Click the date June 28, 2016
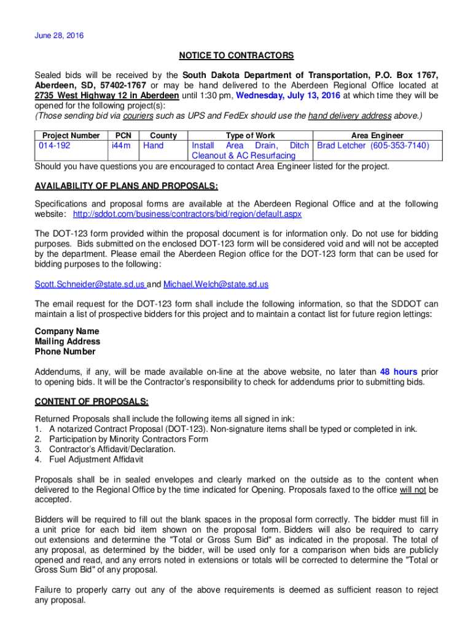pyautogui.click(x=59, y=36)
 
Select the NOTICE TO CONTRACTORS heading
pyautogui.click(x=237, y=56)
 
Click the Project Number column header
pyautogui.click(x=68, y=135)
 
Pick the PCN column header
pyautogui.click(x=123, y=135)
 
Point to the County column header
pyautogui.click(x=163, y=135)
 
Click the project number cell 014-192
pyautogui.click(x=55, y=146)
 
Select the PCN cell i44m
pyautogui.click(x=121, y=146)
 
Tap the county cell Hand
pyautogui.click(x=154, y=146)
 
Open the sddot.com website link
pyautogui.click(x=187, y=214)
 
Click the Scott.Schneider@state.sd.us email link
pyautogui.click(x=90, y=285)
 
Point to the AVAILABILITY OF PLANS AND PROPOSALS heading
pyautogui.click(x=127, y=187)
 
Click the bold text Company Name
pyautogui.click(x=67, y=332)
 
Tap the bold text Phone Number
pyautogui.click(x=65, y=352)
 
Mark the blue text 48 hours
pyautogui.click(x=399, y=372)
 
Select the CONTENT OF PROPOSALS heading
pyautogui.click(x=92, y=402)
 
